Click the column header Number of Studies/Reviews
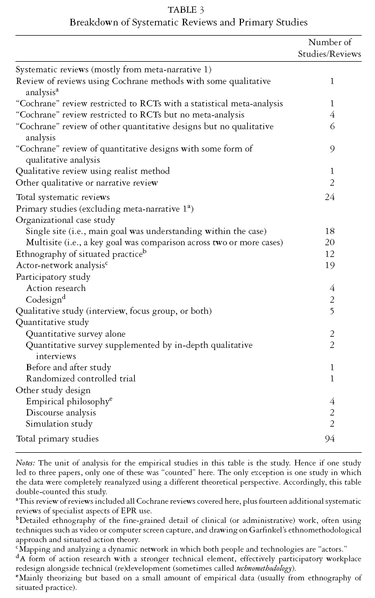[330, 48]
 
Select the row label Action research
[55, 288]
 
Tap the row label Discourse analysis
[61, 412]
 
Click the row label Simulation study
[59, 424]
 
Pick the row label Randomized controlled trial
[80, 378]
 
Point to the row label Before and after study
[68, 367]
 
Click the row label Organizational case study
[65, 220]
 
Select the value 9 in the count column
[331, 149]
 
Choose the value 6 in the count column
[331, 127]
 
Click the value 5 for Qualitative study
[331, 311]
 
